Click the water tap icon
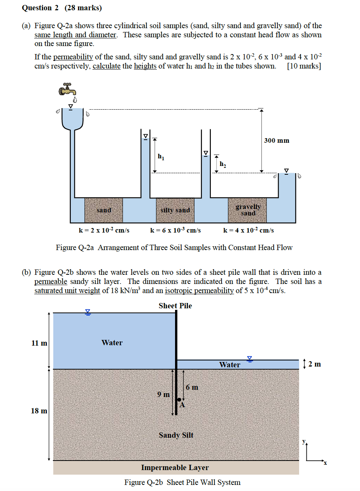(67, 89)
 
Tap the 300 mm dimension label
(277, 140)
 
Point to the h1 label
(161, 156)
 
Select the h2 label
(223, 164)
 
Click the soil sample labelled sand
(104, 210)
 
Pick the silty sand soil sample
(175, 210)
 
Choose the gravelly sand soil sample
(247, 210)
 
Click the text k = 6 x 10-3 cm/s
(175, 230)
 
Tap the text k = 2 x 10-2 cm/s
(104, 230)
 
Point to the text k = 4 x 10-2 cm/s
(248, 230)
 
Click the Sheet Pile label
(175, 306)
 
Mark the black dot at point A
(180, 400)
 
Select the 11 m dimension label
(39, 343)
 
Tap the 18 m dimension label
(39, 411)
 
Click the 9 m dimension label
(164, 394)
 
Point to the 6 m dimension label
(192, 387)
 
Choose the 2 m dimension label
(314, 364)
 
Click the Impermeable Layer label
(175, 467)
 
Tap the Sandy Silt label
(176, 435)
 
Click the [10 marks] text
(304, 66)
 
